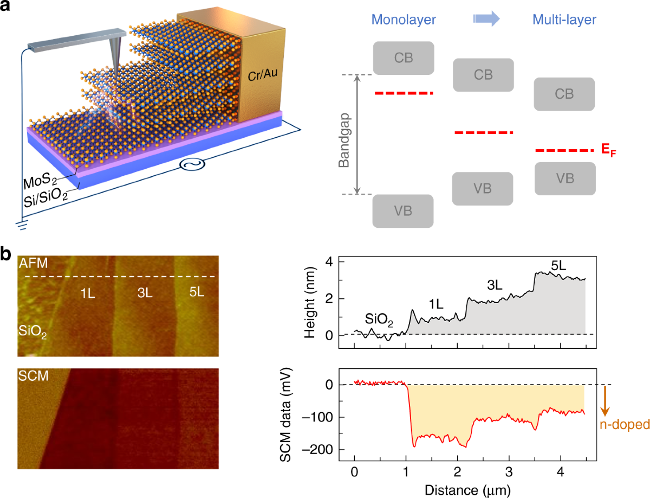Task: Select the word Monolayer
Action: (x=404, y=21)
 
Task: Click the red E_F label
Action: (x=609, y=152)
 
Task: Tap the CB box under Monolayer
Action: (x=404, y=58)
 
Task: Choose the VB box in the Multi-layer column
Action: (x=564, y=178)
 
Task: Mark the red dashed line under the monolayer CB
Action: (x=404, y=93)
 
